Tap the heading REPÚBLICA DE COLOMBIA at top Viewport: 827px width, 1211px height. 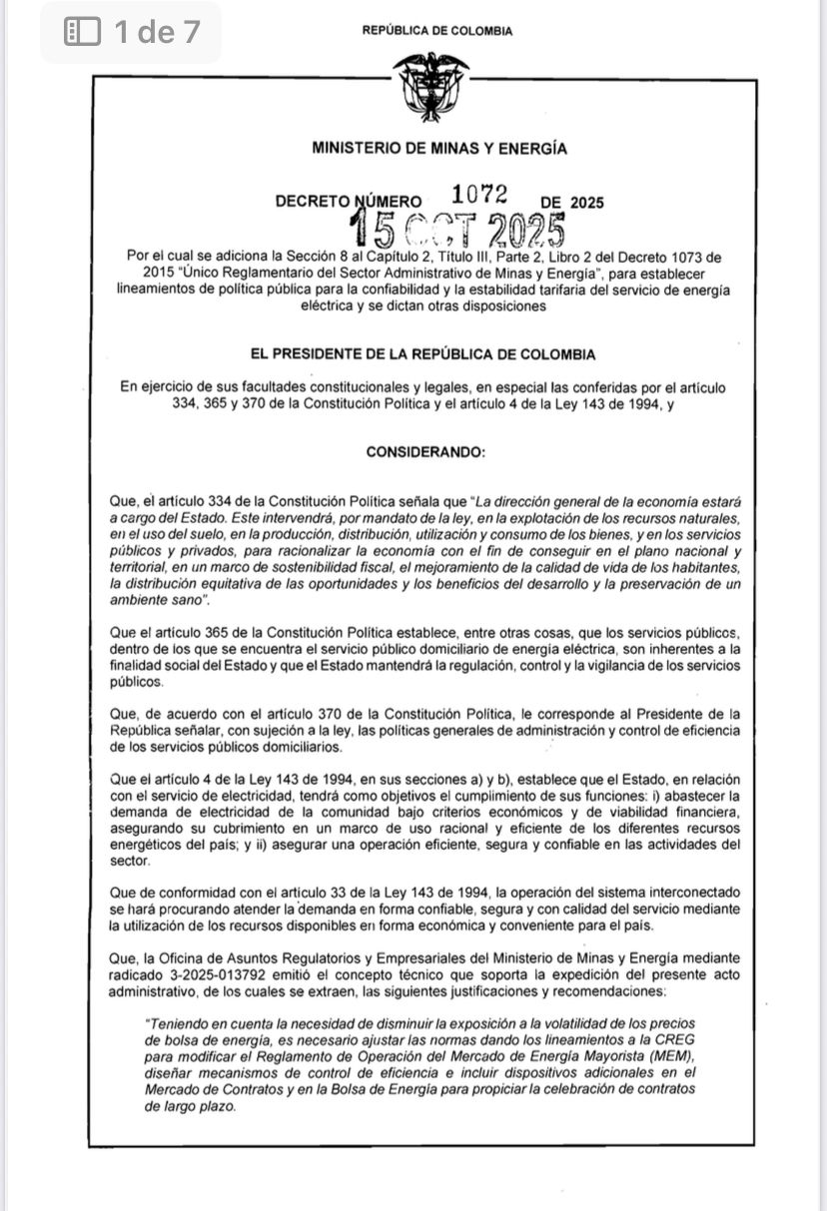[x=437, y=31]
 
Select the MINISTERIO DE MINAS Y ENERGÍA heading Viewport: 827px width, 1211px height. [x=439, y=150]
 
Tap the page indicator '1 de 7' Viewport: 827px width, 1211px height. [x=156, y=32]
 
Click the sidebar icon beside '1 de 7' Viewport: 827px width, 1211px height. [x=83, y=32]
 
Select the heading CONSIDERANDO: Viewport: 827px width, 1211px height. [x=425, y=451]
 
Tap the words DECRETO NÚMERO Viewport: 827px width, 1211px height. [x=348, y=202]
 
